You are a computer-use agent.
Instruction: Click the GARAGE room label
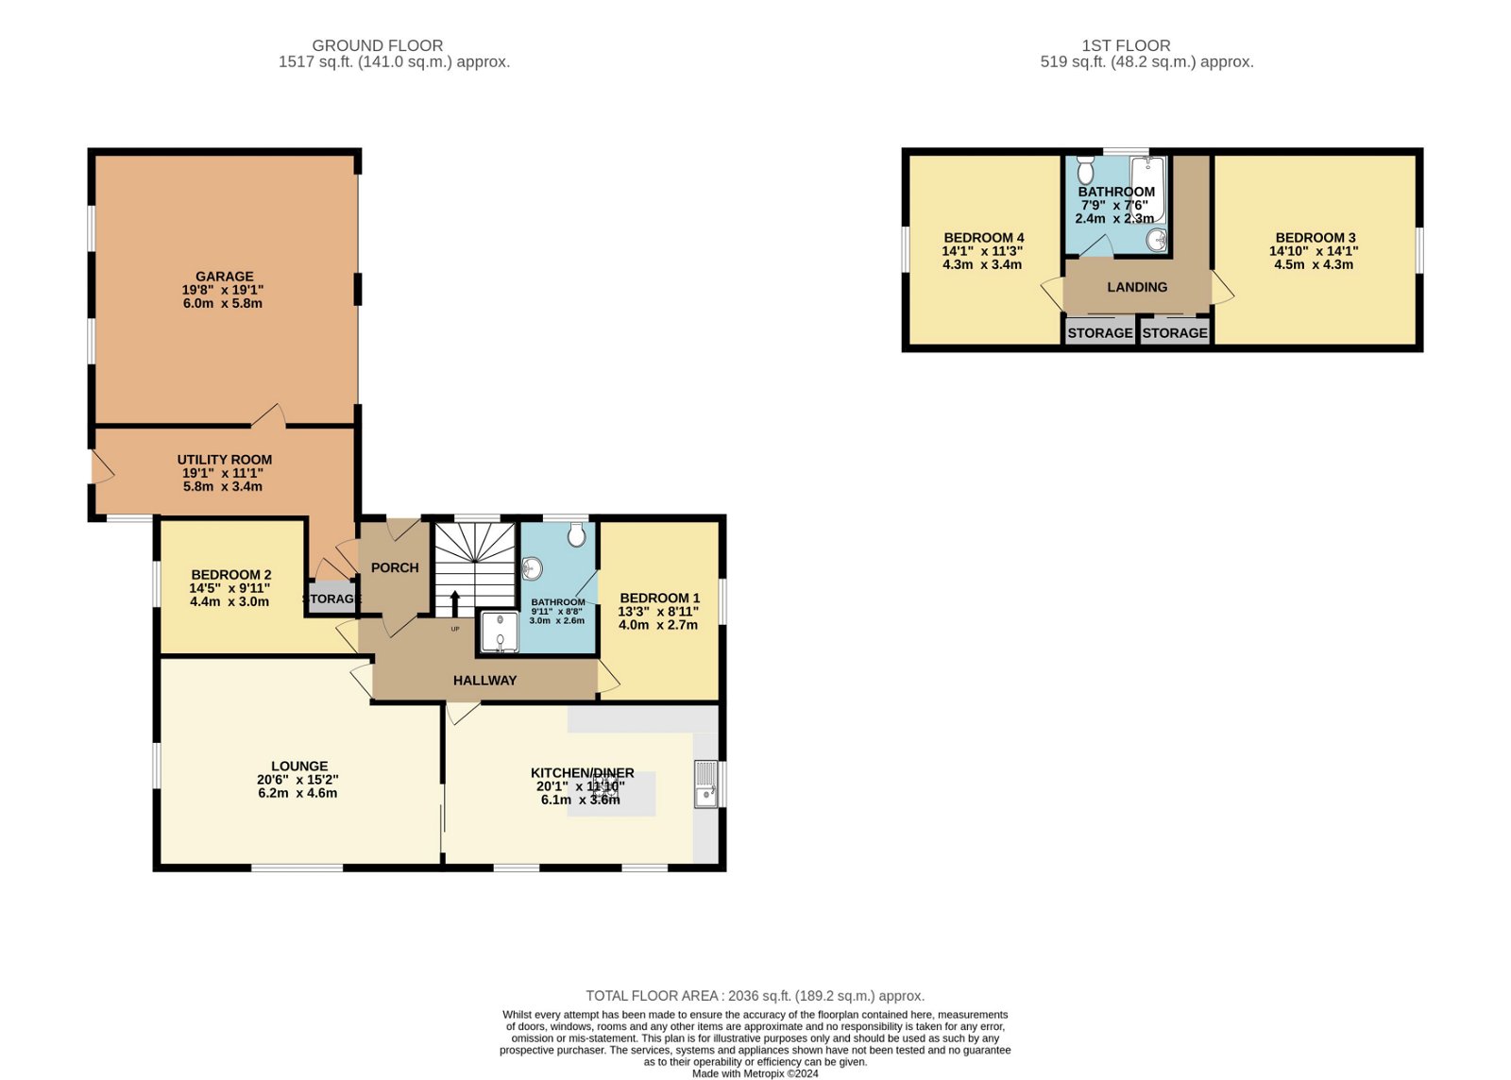click(x=225, y=277)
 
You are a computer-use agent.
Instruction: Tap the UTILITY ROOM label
click(x=225, y=460)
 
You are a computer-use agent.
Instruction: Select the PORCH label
click(x=395, y=567)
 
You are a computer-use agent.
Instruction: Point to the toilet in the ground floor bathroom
click(x=577, y=536)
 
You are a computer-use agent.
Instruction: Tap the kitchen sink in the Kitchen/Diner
click(x=705, y=785)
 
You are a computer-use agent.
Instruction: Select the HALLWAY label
click(x=484, y=680)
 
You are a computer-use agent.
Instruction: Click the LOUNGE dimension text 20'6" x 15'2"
click(x=297, y=780)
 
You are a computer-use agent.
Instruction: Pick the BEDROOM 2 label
click(x=231, y=574)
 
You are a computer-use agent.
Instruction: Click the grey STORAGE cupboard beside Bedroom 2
click(x=331, y=599)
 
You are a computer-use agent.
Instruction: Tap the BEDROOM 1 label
click(x=659, y=598)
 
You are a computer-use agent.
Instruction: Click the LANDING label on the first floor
click(x=1137, y=287)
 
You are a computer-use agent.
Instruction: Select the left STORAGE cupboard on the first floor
click(x=1099, y=332)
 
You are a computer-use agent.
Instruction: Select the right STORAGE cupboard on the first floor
click(x=1175, y=332)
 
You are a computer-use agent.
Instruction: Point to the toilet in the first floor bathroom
click(x=1085, y=170)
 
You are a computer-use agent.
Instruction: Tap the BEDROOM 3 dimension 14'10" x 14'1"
click(x=1314, y=251)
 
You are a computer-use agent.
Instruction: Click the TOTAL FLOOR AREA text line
click(x=755, y=995)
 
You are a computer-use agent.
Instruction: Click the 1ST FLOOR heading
click(x=1126, y=45)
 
